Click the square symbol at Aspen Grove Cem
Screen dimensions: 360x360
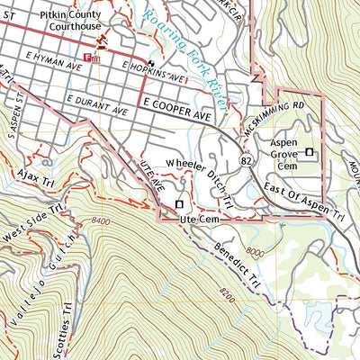[x=310, y=153]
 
